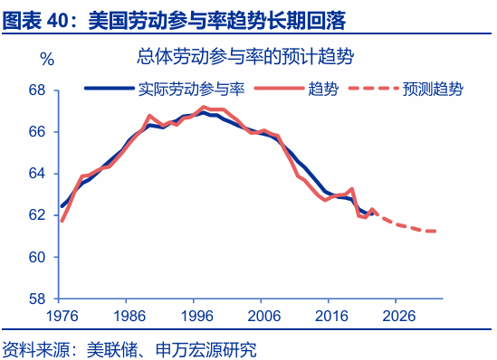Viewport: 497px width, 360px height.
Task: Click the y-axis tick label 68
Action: pos(37,90)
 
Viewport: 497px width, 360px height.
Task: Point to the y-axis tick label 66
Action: pos(37,132)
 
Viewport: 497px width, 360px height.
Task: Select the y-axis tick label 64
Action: pos(37,174)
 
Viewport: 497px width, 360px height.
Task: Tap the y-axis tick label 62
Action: pos(37,215)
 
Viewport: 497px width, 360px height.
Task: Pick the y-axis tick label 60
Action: pos(37,257)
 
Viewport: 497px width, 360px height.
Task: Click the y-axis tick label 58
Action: pos(37,298)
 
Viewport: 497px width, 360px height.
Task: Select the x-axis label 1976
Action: pos(61,316)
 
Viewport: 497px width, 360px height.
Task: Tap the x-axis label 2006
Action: pos(263,316)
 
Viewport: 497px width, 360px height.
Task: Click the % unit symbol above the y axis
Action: pos(48,60)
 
